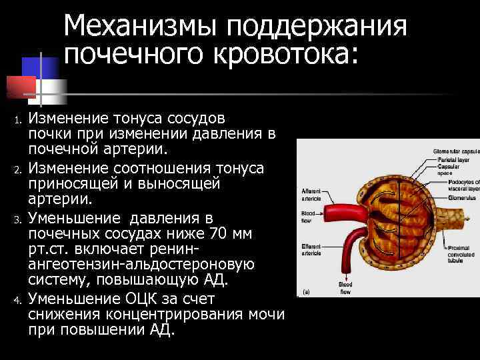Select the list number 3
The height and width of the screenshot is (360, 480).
click(x=19, y=219)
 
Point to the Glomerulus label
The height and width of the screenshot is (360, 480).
click(x=462, y=197)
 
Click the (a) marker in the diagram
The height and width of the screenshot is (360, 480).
click(x=306, y=292)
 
